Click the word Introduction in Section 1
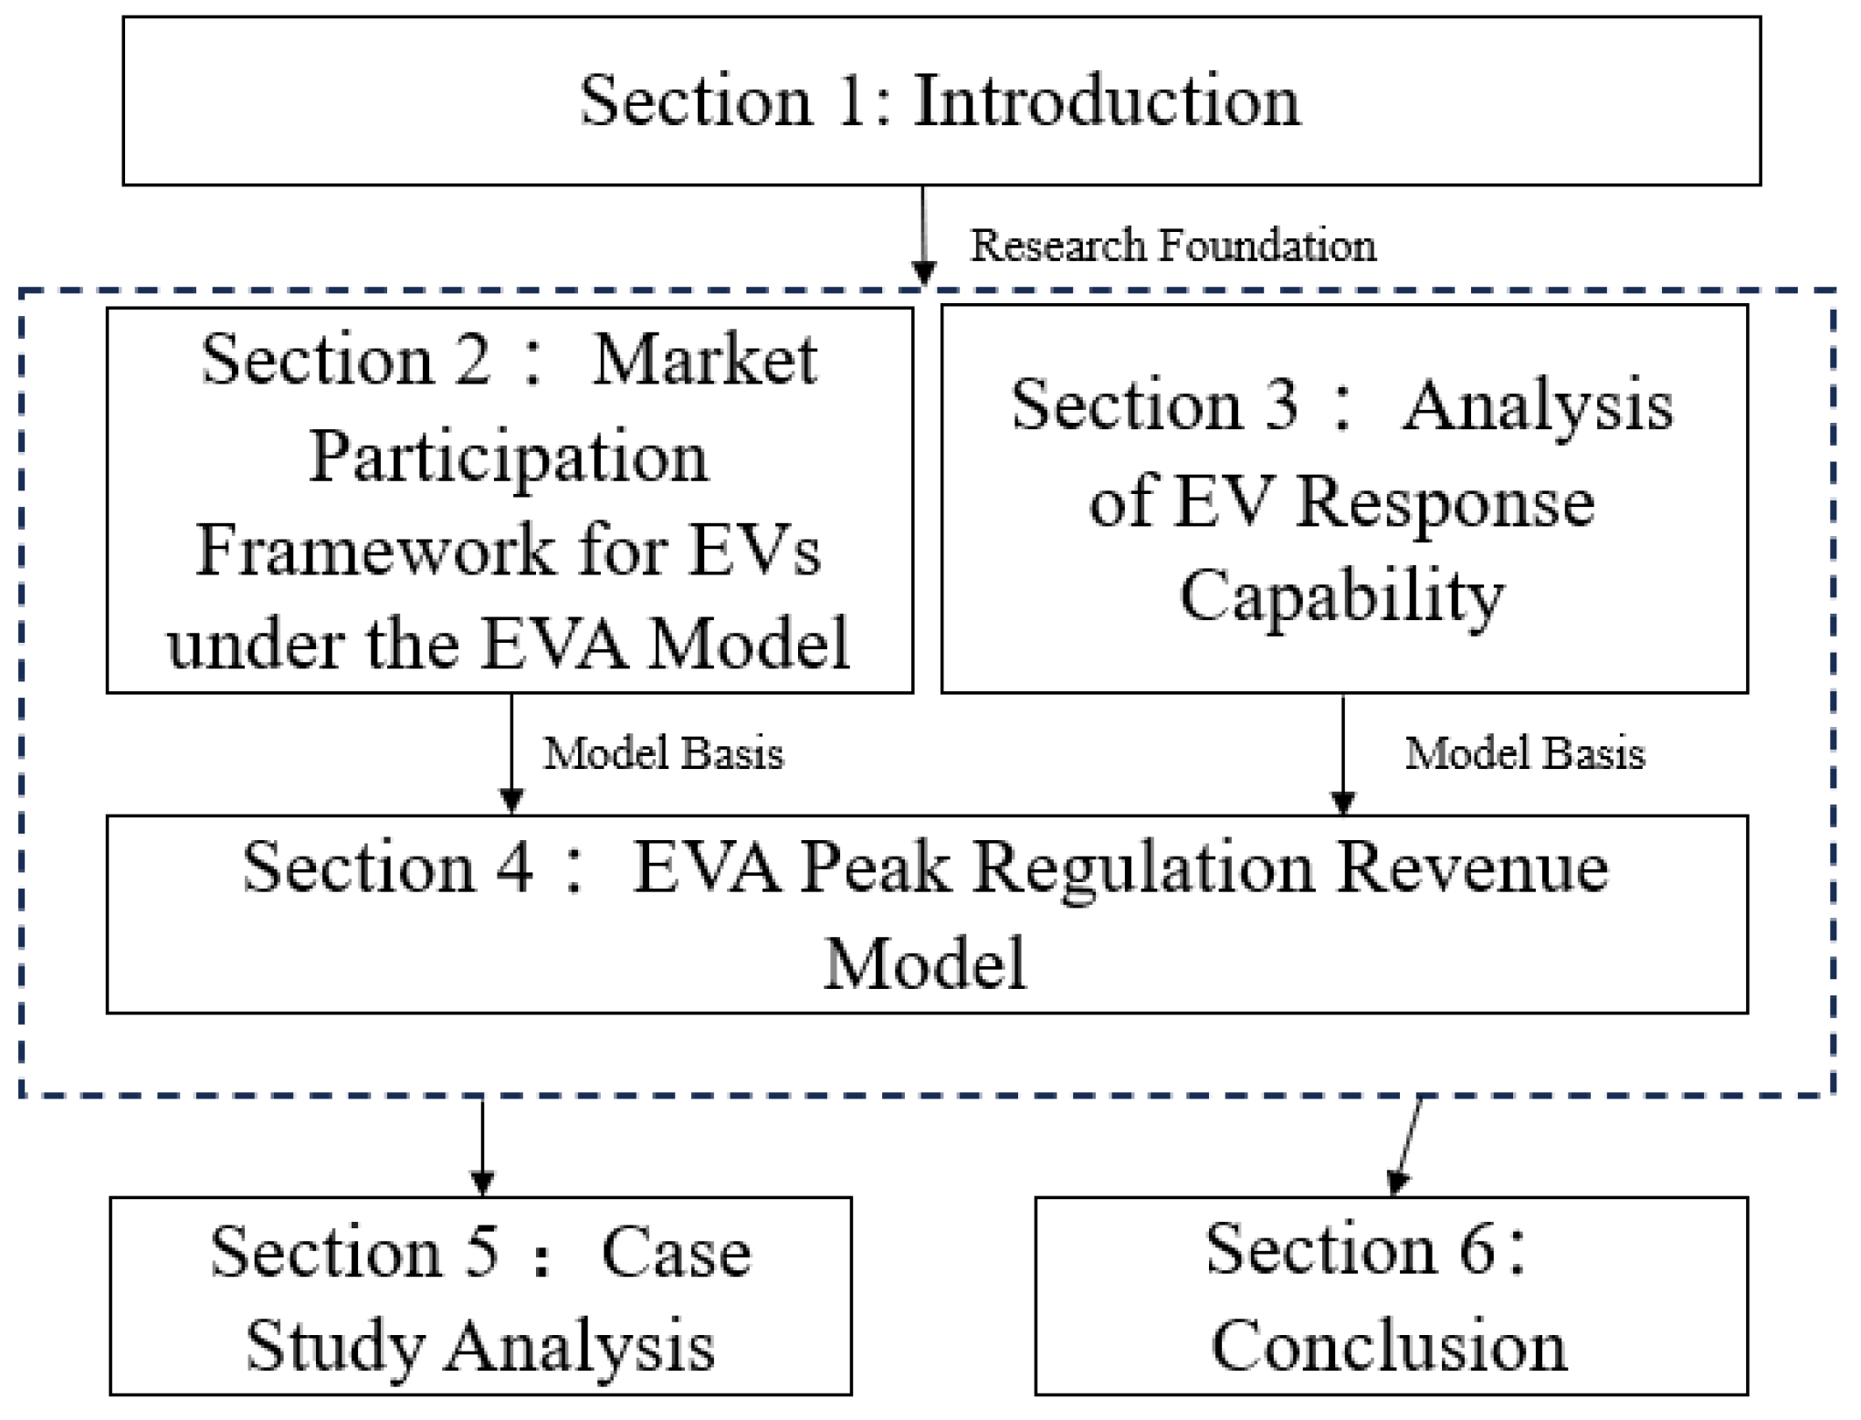pyautogui.click(x=1107, y=100)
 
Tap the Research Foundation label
pyautogui.click(x=1172, y=246)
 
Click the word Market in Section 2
pyautogui.click(x=704, y=360)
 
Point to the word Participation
pyautogui.click(x=509, y=456)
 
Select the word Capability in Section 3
pyautogui.click(x=1341, y=595)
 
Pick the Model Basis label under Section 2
pyautogui.click(x=664, y=754)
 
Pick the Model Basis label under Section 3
pyautogui.click(x=1524, y=754)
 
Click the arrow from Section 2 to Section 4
pyautogui.click(x=511, y=752)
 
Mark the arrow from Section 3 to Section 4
pyautogui.click(x=1342, y=754)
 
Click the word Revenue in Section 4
pyautogui.click(x=1474, y=868)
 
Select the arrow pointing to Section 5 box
pyautogui.click(x=481, y=1146)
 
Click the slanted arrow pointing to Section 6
pyautogui.click(x=1406, y=1146)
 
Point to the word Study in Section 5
pyautogui.click(x=334, y=1346)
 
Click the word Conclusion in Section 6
pyautogui.click(x=1389, y=1346)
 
